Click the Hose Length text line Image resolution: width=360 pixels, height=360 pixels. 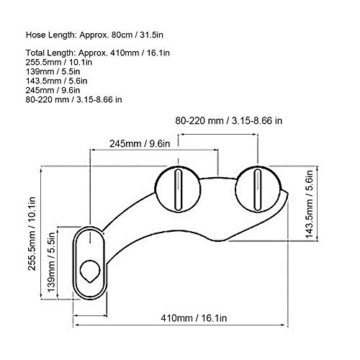coord(94,35)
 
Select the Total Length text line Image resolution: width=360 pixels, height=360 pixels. coord(98,53)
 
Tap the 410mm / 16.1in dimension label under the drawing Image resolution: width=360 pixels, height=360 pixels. coord(194,318)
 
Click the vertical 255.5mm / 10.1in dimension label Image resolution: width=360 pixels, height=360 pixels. coord(32,233)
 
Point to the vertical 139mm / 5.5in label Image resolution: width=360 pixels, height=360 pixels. coord(51,262)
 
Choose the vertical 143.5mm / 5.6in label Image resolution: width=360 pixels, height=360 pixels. coord(310,204)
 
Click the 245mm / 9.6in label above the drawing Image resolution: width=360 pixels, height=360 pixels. coord(140,144)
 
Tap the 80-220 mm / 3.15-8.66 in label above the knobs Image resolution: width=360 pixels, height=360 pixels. coord(228,120)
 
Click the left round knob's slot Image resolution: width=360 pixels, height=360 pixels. coord(178,189)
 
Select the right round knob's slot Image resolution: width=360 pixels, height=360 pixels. coord(258,189)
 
